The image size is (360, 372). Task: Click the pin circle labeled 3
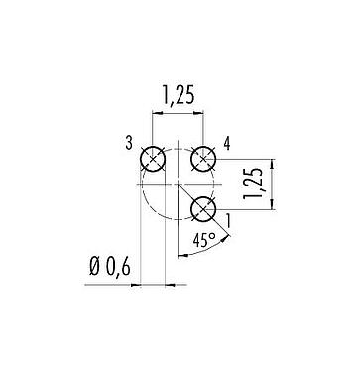point(153,159)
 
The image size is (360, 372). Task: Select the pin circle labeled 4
point(203,159)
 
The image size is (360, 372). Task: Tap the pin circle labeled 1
point(203,209)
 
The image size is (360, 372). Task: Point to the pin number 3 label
point(129,146)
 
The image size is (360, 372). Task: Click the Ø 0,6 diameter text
point(110,265)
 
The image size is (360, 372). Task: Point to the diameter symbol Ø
point(94,265)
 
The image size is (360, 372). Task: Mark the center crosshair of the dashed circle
point(178,185)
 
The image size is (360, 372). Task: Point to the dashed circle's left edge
point(142,185)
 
